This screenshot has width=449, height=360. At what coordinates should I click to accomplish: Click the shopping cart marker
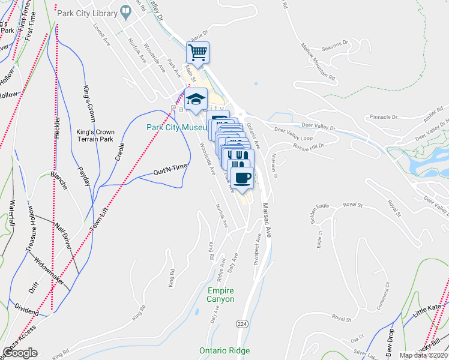click(x=198, y=52)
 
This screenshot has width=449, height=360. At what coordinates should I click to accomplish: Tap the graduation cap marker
click(x=195, y=99)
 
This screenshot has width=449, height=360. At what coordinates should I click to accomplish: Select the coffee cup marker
click(x=243, y=178)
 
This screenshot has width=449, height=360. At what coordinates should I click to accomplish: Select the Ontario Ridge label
click(x=224, y=350)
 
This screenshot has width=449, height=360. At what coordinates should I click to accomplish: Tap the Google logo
click(x=20, y=352)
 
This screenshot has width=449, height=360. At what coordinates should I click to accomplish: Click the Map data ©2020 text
click(x=423, y=355)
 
